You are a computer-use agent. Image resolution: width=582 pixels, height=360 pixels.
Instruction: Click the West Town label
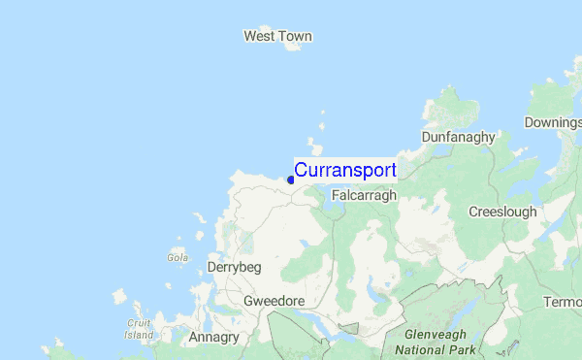click(277, 37)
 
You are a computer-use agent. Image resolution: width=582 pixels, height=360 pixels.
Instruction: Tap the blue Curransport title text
click(345, 170)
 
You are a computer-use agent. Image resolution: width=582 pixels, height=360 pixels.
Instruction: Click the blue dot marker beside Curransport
click(291, 180)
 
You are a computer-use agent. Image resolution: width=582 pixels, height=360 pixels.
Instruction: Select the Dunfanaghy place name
click(458, 137)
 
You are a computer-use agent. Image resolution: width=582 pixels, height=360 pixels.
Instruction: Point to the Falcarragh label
click(365, 195)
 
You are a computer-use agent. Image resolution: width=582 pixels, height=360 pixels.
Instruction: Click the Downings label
click(552, 122)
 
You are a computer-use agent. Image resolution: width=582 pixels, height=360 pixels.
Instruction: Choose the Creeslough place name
click(501, 212)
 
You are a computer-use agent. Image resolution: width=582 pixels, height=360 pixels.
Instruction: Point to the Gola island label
click(177, 258)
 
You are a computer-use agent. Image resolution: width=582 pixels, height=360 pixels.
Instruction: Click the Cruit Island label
click(139, 329)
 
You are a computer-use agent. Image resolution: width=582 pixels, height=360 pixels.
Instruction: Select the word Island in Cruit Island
click(139, 335)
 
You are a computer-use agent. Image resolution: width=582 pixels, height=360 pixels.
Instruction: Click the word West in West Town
click(259, 37)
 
